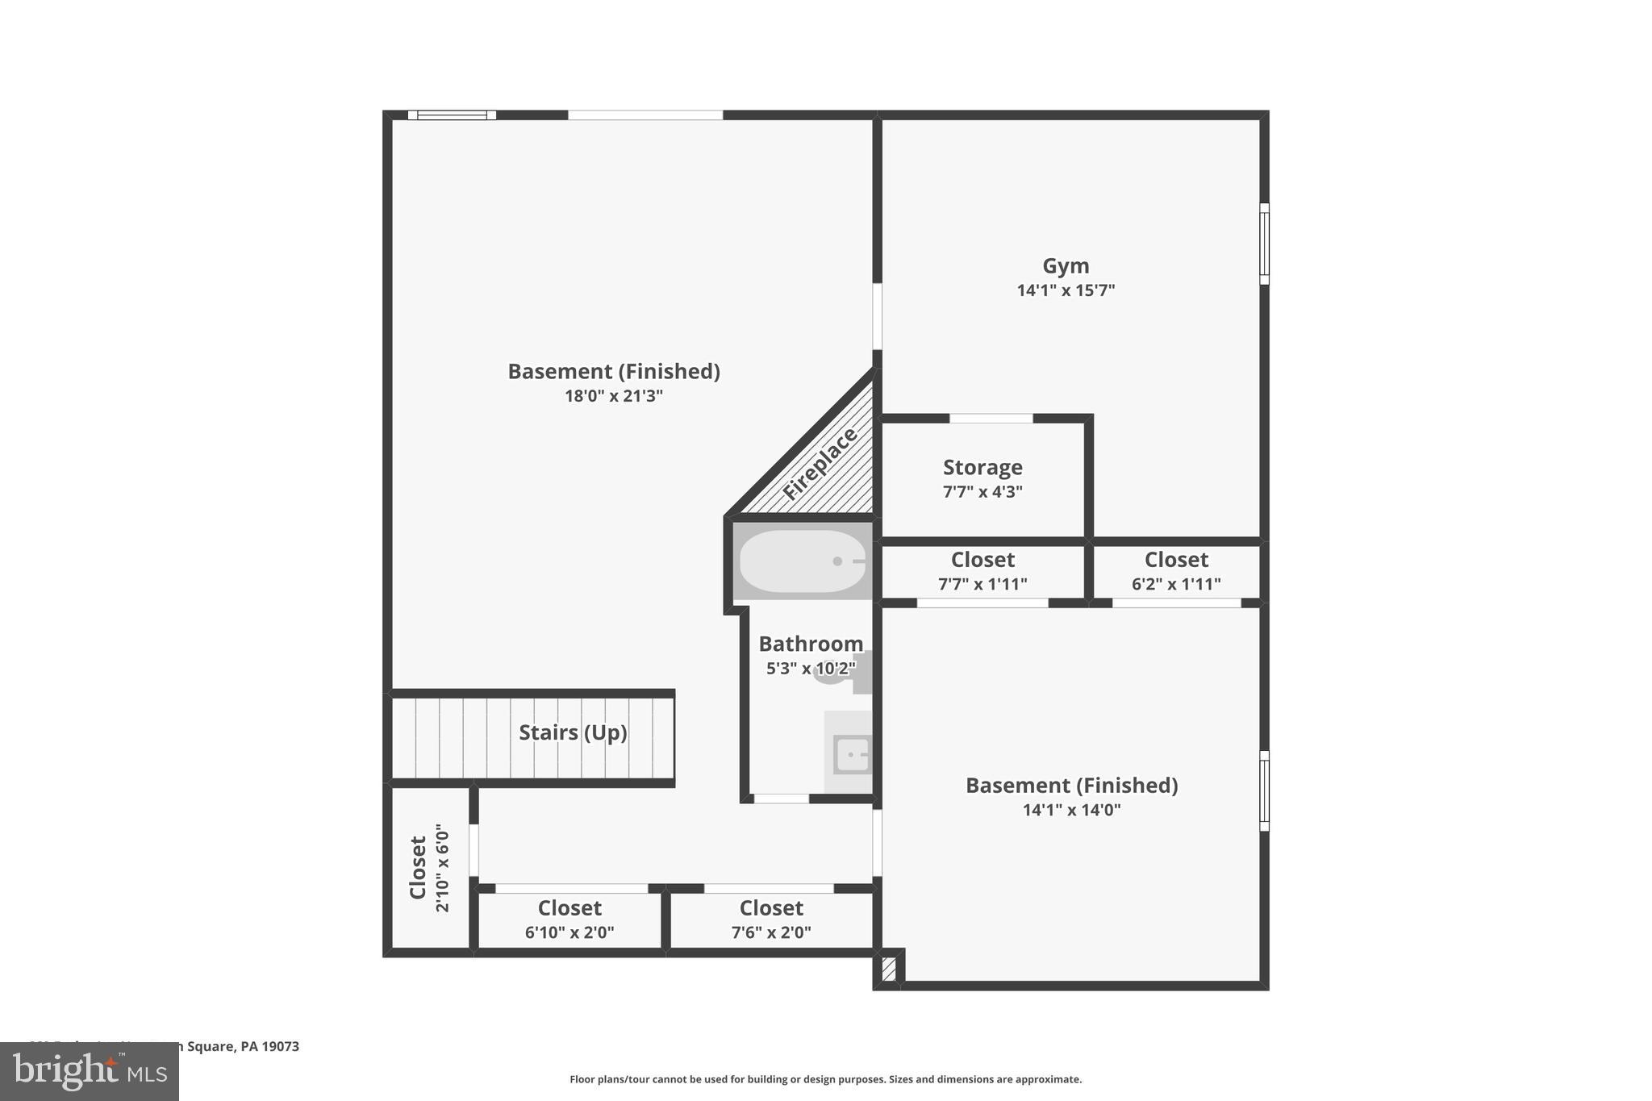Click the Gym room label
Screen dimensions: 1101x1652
1066,266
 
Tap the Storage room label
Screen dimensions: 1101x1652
982,468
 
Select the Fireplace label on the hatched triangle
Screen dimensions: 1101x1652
820,464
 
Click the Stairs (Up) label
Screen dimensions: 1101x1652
573,732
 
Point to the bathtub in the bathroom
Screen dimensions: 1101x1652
802,561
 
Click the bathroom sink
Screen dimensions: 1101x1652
852,755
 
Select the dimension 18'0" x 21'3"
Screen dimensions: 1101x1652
614,396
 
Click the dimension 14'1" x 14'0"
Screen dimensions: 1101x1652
1071,810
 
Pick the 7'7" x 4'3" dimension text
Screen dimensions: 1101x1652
982,491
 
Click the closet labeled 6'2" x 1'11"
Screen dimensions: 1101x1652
1176,570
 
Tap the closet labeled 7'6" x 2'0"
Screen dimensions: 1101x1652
771,920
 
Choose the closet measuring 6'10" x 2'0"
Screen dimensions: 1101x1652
569,920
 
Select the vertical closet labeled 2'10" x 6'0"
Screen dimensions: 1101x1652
429,868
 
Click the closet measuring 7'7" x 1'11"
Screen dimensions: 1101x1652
982,570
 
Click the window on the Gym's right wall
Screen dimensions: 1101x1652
1264,244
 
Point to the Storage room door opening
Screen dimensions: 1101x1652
991,419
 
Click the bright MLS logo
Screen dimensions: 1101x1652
90,1071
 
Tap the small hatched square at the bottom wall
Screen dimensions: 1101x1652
889,969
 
